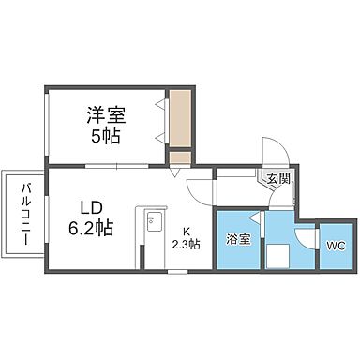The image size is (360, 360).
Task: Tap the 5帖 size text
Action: click(105, 136)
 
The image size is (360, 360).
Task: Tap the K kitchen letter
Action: click(186, 232)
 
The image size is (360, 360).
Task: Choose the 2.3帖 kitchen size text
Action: click(186, 247)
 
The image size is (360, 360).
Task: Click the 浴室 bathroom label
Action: click(238, 239)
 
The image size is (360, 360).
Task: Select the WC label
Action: click(335, 246)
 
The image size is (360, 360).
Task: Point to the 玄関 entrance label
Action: click(278, 179)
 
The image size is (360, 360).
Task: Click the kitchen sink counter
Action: click(150, 239)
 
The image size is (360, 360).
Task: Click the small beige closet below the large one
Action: click(179, 158)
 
